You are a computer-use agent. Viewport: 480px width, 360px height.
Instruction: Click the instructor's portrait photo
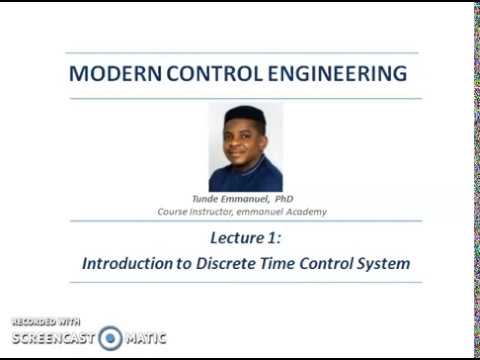[x=244, y=147]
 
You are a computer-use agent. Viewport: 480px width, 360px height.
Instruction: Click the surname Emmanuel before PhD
[x=236, y=200]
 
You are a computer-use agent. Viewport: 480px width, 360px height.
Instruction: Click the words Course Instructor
[x=194, y=212]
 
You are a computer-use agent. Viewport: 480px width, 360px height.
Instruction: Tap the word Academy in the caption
[x=304, y=212]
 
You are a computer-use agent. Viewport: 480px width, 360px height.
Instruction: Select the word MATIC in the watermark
[x=146, y=339]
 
